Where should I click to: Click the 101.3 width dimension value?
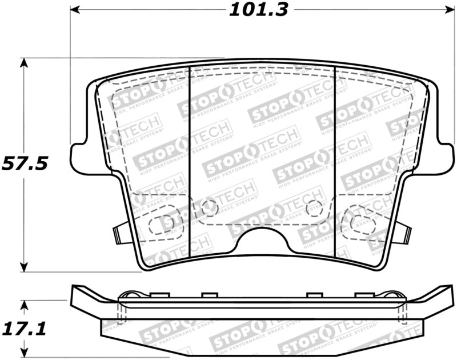click(x=259, y=10)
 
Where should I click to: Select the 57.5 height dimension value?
click(x=24, y=163)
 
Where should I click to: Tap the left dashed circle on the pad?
click(x=207, y=207)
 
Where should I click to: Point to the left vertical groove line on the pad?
click(x=189, y=166)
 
